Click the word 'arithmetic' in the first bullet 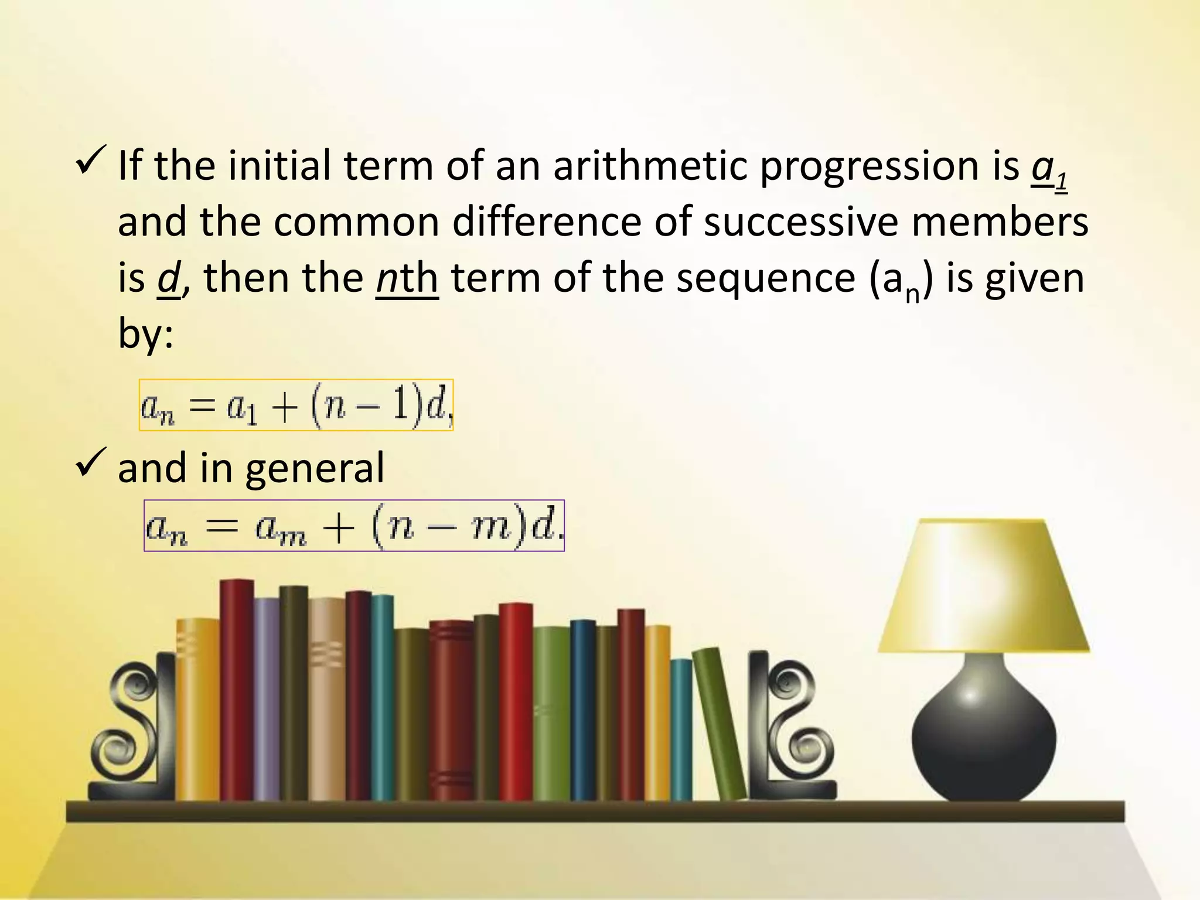(x=649, y=166)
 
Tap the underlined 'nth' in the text (x=407, y=278)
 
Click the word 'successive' (x=800, y=223)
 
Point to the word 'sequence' (x=765, y=279)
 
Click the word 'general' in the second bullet (x=315, y=469)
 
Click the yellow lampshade (x=984, y=586)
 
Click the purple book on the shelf (x=267, y=697)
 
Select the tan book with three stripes (x=327, y=697)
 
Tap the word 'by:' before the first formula (x=145, y=334)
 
